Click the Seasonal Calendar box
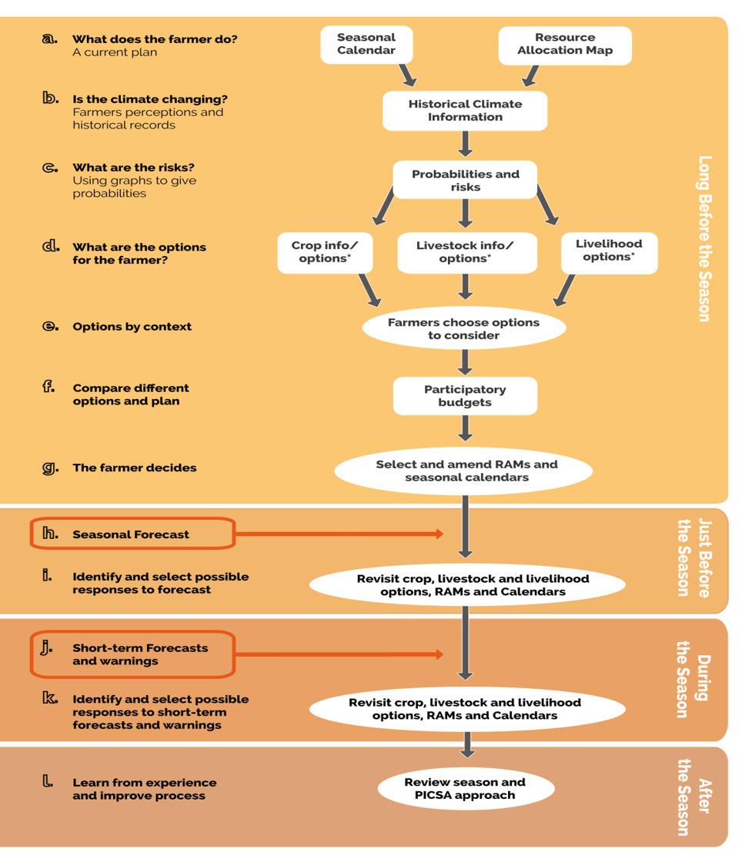pos(366,45)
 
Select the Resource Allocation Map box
pos(565,45)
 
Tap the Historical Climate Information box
pos(465,111)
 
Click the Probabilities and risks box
pos(465,181)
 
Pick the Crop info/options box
pos(325,252)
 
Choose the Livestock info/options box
pos(465,252)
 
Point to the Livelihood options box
pos(609,251)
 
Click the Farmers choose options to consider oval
pos(464,328)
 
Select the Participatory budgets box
pos(465,396)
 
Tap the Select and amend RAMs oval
pos(465,471)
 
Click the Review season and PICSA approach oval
pos(465,788)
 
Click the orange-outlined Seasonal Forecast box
pos(132,534)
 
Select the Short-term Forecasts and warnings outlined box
pos(132,654)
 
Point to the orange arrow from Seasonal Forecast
pos(339,534)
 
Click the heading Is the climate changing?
pos(150,99)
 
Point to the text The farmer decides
pos(135,467)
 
